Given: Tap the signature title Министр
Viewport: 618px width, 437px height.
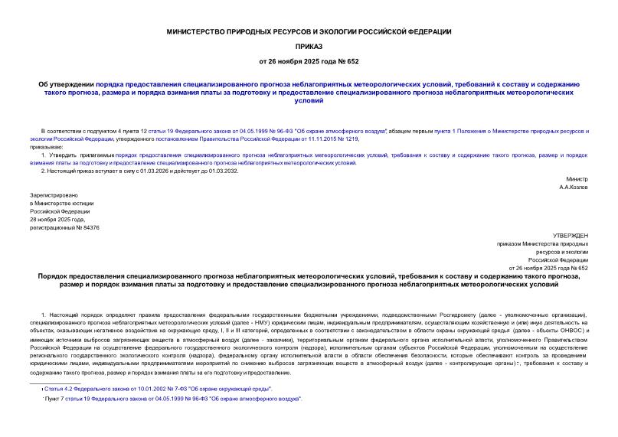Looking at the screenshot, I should pos(577,178).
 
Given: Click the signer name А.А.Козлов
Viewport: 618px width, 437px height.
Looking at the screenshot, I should pos(574,187).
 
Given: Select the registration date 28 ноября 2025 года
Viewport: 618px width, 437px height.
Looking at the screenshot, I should pos(60,219).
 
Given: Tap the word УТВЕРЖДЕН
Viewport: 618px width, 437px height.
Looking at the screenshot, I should pos(571,235).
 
